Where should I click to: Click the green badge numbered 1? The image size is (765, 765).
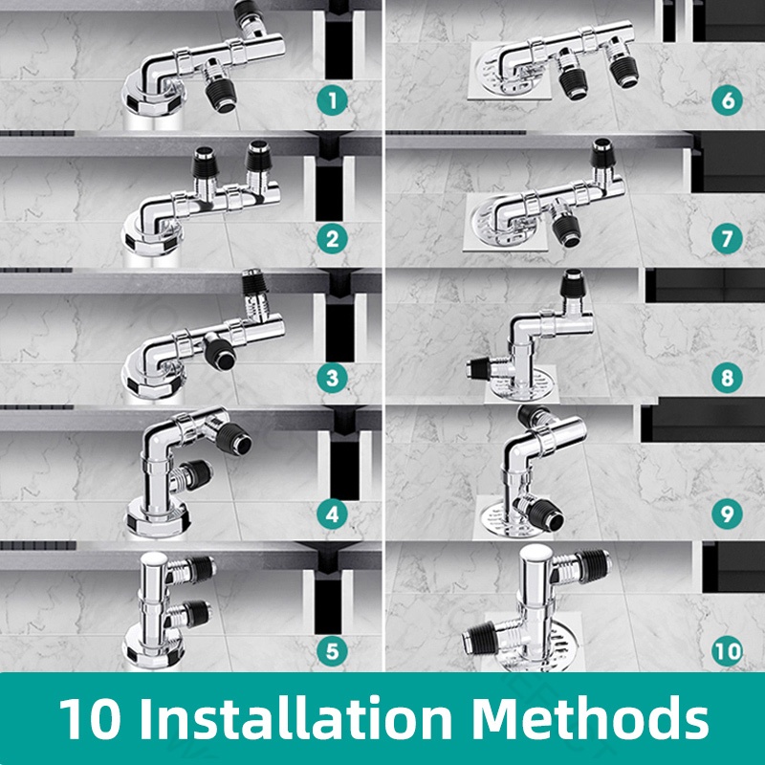tap(332, 100)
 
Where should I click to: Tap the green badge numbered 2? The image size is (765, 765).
tap(332, 239)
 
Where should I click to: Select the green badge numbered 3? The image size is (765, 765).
tap(332, 377)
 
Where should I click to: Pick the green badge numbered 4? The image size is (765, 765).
tap(332, 514)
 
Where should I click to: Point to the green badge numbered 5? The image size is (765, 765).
tap(332, 651)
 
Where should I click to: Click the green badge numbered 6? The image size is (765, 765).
tap(727, 100)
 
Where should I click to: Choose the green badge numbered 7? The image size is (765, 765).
tap(727, 238)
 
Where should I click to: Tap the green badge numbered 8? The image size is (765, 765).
tap(727, 377)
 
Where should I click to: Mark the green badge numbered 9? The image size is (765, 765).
tap(727, 514)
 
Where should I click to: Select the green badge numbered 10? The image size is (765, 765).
tap(727, 651)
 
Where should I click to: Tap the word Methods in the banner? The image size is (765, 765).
tap(590, 719)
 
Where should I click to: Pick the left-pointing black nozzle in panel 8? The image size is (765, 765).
tap(479, 368)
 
